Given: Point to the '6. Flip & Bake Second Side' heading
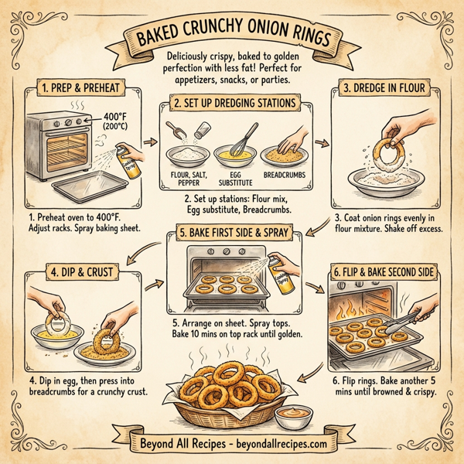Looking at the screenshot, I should [384, 271].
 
